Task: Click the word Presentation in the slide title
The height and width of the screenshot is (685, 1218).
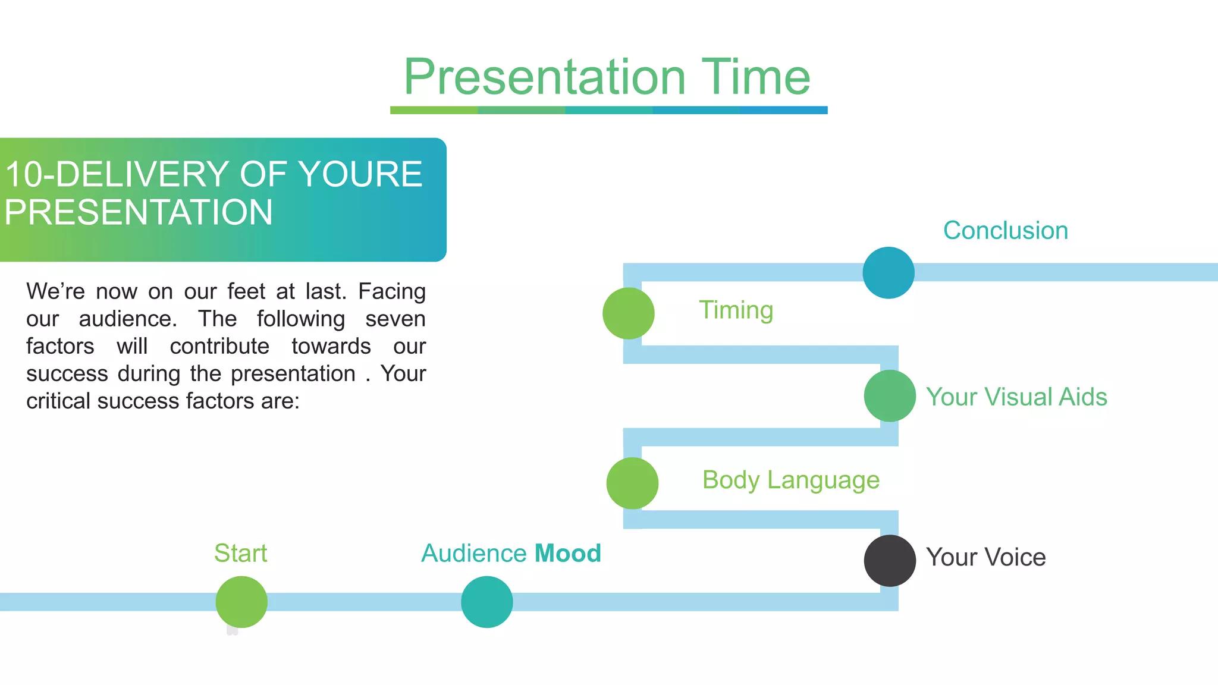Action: (x=545, y=77)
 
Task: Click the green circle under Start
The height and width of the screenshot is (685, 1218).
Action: (x=241, y=602)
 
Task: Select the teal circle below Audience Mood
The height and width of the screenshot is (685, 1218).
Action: (x=487, y=602)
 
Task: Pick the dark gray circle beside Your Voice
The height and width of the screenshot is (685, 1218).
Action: (x=890, y=561)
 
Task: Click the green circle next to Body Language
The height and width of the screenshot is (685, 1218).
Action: (x=632, y=483)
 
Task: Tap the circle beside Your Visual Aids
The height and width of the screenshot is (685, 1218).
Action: (x=890, y=396)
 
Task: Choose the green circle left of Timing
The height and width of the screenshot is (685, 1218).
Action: (x=629, y=313)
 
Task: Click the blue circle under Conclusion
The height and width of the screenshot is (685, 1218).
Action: (x=889, y=272)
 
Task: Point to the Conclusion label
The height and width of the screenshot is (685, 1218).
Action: (x=1005, y=231)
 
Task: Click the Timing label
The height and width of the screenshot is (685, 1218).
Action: (x=736, y=310)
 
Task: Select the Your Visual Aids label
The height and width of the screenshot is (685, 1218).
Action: (x=1016, y=397)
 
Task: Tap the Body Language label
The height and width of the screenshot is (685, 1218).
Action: (x=790, y=480)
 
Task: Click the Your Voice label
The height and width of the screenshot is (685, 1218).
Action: (x=985, y=557)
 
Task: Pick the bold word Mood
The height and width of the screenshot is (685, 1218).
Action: (x=568, y=553)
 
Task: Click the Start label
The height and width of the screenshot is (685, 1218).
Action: (x=240, y=553)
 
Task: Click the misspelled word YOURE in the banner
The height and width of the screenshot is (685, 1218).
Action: (x=360, y=174)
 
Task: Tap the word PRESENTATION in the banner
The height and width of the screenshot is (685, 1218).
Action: (x=139, y=212)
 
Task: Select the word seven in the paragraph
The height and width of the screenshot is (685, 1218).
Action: (x=395, y=319)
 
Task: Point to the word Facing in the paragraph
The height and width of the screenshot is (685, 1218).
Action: (x=392, y=291)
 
